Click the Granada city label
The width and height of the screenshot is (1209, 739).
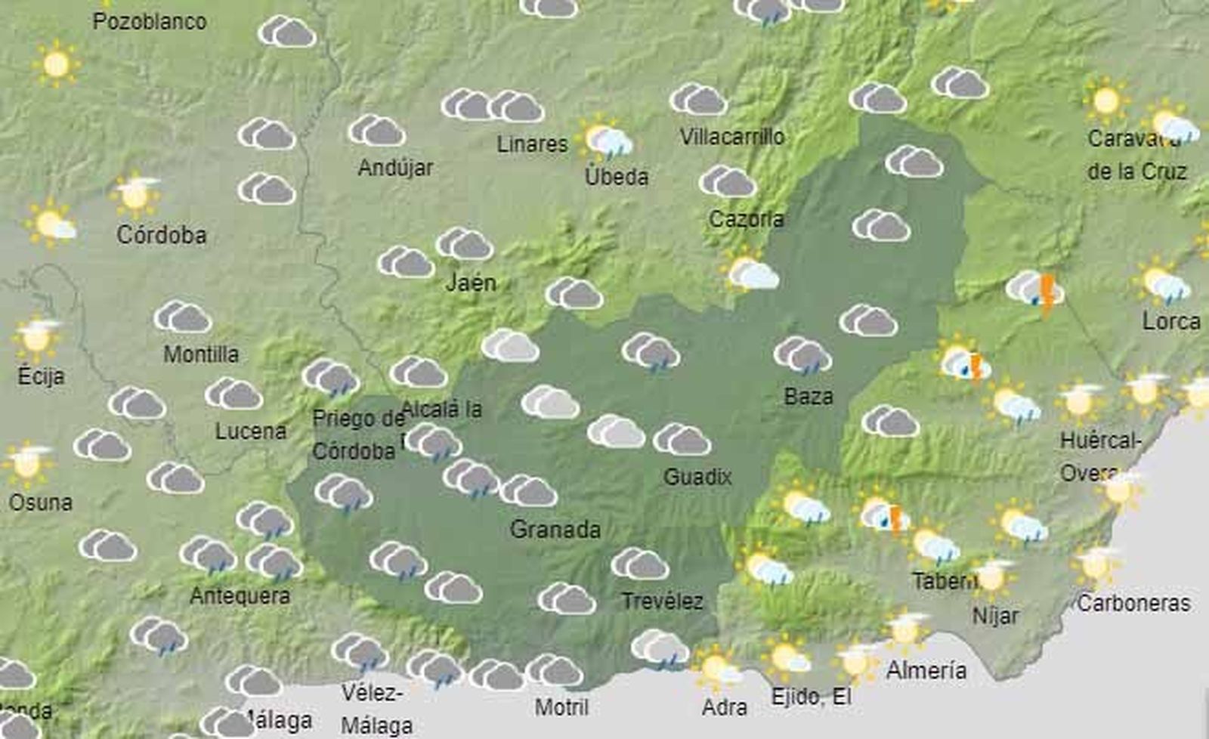[x=555, y=529]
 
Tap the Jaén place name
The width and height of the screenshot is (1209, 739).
[x=471, y=283]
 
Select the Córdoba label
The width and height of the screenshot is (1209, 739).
[x=161, y=235]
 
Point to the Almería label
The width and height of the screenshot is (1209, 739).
[x=926, y=670]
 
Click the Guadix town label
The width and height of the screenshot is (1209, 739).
[x=697, y=477]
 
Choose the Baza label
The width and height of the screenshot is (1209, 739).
[x=809, y=396]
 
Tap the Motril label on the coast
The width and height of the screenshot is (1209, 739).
[x=561, y=707]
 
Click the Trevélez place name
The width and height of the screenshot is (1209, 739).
[x=662, y=601]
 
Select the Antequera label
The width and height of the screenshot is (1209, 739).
[x=240, y=595]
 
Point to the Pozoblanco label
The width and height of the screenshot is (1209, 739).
[x=150, y=21]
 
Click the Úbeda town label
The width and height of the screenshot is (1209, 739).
[x=617, y=177]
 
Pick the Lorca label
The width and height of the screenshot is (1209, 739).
[x=1171, y=321]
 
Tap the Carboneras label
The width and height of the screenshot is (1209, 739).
[x=1133, y=603]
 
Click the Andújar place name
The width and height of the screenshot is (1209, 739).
[x=395, y=167]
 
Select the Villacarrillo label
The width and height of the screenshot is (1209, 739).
[x=731, y=137]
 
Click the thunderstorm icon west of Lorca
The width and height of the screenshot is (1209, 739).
[x=1036, y=290]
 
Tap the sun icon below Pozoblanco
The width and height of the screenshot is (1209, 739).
[x=57, y=64]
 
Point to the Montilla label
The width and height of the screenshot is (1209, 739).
[x=201, y=354]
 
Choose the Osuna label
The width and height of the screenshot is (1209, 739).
[x=41, y=502]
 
